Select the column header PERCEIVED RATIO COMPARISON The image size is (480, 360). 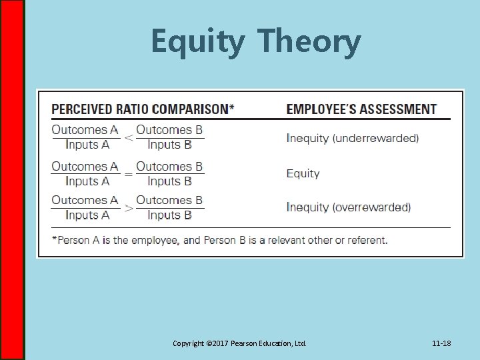pos(143,109)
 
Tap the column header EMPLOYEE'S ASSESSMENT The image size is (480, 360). pos(361,109)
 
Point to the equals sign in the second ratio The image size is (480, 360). pos(128,174)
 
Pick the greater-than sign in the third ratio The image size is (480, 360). pos(128,208)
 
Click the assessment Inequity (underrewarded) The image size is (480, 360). pos(353,139)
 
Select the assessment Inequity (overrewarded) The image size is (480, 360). pos(349,207)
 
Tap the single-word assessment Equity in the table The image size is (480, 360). pos(303,173)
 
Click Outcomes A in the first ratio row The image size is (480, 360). pos(85,130)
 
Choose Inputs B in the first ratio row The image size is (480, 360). pos(169,145)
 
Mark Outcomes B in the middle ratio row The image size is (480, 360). pos(169,165)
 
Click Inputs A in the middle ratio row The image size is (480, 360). pos(87,181)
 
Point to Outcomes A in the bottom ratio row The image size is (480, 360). pos(85,200)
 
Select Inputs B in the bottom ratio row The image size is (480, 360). pos(169,215)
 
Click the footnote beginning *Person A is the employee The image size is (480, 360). pos(219,240)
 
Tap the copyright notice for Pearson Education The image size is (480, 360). pos(239,344)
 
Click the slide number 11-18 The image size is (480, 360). pos(441,344)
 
